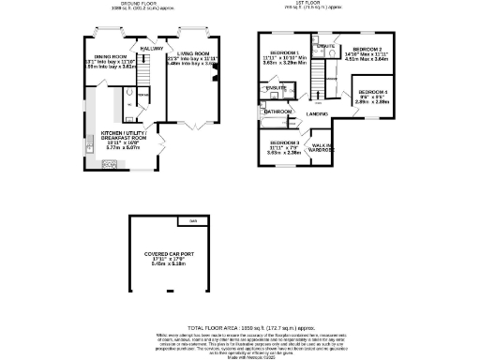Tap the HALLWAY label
pyautogui.click(x=151, y=48)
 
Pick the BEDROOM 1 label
pyautogui.click(x=284, y=52)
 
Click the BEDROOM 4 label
pyautogui.click(x=373, y=91)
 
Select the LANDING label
pyautogui.click(x=317, y=112)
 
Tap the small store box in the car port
pyautogui.click(x=193, y=221)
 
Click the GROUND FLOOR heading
pyautogui.click(x=121, y=3)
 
